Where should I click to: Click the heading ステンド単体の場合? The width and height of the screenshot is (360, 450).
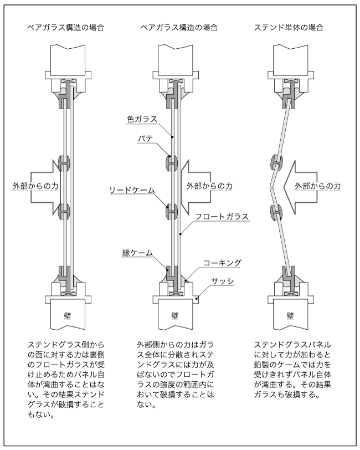[289, 27]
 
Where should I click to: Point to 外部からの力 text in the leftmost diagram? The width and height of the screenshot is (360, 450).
[34, 186]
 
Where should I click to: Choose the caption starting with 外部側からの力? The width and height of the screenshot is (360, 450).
[176, 374]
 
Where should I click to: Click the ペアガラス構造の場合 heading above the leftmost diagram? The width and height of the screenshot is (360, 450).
[66, 27]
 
